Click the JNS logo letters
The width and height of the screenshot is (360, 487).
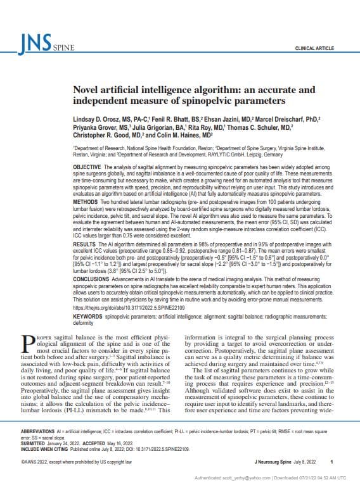point(34,42)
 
